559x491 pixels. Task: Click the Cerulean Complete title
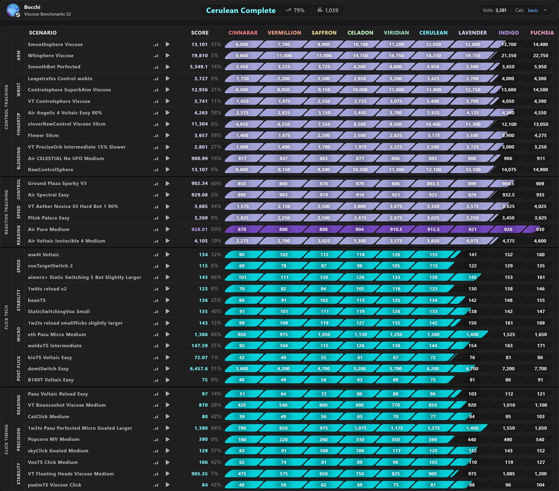(x=241, y=11)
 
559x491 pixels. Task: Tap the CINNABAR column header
(x=243, y=33)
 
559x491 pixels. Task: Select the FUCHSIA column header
(x=542, y=33)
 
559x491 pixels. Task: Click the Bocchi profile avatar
(x=13, y=10)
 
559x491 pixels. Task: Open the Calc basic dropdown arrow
(x=545, y=10)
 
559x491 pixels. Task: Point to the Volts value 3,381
(x=501, y=10)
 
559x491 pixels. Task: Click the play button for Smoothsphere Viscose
(x=168, y=44)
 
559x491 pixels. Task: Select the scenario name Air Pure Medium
(x=48, y=229)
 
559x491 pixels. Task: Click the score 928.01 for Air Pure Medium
(x=199, y=229)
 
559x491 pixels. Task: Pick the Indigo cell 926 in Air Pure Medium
(x=508, y=229)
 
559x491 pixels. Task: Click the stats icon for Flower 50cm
(x=156, y=136)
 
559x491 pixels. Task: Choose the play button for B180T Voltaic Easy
(x=168, y=380)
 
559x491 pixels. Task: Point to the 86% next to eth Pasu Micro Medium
(x=216, y=334)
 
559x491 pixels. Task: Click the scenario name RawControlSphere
(x=50, y=170)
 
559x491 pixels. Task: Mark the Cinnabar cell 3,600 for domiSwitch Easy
(x=242, y=368)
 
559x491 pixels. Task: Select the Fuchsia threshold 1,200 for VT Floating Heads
(x=540, y=474)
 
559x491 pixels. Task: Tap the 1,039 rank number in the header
(x=331, y=10)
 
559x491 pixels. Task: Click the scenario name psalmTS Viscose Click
(x=55, y=484)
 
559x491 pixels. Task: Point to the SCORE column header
(x=200, y=33)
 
